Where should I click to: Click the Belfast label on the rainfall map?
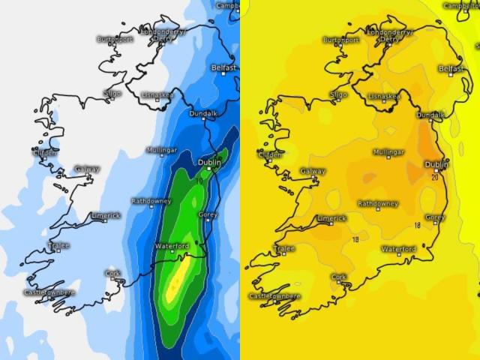click(223, 67)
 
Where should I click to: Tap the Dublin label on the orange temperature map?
click(436, 164)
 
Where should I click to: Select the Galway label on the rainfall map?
click(87, 169)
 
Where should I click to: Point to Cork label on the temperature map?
click(339, 276)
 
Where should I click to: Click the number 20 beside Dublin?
click(435, 178)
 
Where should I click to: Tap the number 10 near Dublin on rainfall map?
click(199, 181)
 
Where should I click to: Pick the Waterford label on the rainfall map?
click(172, 246)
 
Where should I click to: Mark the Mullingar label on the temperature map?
click(388, 152)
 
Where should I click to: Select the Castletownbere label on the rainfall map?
click(50, 292)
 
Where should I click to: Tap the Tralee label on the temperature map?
click(284, 248)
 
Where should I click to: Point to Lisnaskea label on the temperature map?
click(385, 96)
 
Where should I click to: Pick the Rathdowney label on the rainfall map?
click(151, 201)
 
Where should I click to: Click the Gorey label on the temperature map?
click(435, 217)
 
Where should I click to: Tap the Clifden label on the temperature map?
click(271, 155)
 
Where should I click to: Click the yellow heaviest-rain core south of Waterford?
click(178, 283)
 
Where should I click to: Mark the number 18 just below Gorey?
click(417, 225)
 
